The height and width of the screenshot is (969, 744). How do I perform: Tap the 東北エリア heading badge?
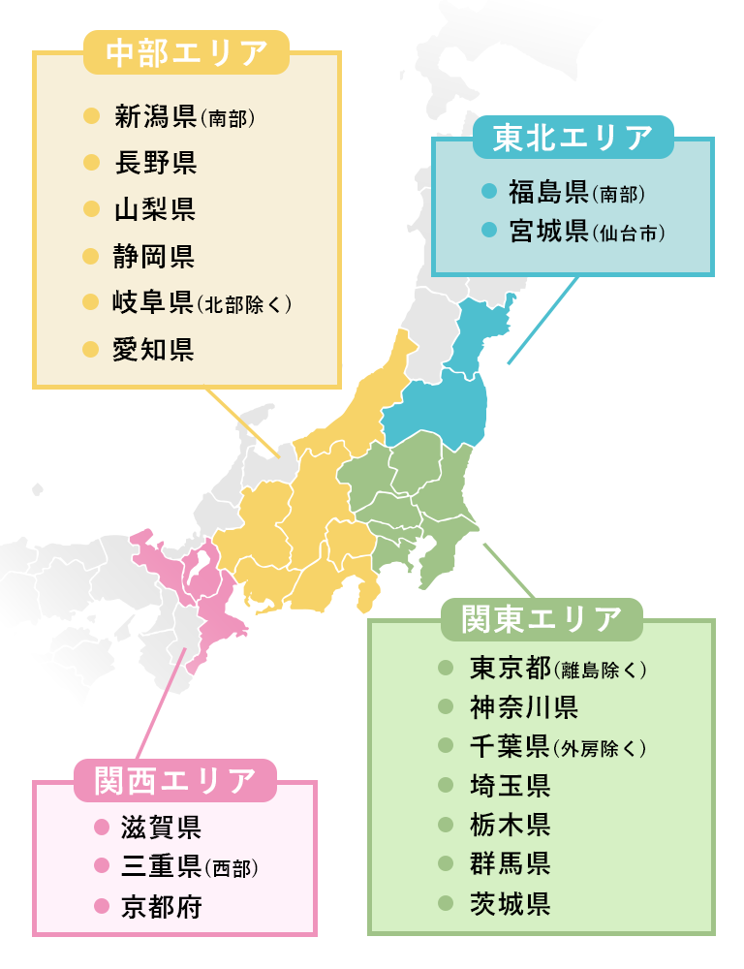coord(573,140)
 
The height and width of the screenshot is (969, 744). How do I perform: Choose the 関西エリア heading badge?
coord(175,780)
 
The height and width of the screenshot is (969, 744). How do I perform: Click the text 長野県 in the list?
coord(155,163)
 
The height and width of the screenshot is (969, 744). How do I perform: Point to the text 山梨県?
coord(155,209)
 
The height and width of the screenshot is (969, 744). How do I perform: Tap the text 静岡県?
coord(155,257)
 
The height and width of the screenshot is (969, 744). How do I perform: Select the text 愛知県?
coord(155,349)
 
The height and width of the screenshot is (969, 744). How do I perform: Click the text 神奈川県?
coord(524,707)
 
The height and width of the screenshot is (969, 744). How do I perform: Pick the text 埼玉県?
coord(511,785)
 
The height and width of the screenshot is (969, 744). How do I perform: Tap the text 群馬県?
coord(511,863)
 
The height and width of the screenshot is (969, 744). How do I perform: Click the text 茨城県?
coord(511,903)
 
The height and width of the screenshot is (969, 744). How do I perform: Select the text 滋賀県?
coord(161,828)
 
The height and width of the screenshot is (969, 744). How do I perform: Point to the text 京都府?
coord(161,907)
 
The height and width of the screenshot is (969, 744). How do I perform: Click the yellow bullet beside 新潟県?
coord(92,117)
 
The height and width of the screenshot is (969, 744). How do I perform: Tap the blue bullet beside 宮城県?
coord(489,232)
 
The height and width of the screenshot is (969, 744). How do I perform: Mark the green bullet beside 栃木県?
coord(446,825)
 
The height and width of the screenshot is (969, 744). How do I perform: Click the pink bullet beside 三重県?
coord(100,865)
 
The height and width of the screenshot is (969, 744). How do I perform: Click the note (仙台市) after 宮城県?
coord(630,234)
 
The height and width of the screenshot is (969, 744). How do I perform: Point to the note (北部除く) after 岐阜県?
coord(244,304)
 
